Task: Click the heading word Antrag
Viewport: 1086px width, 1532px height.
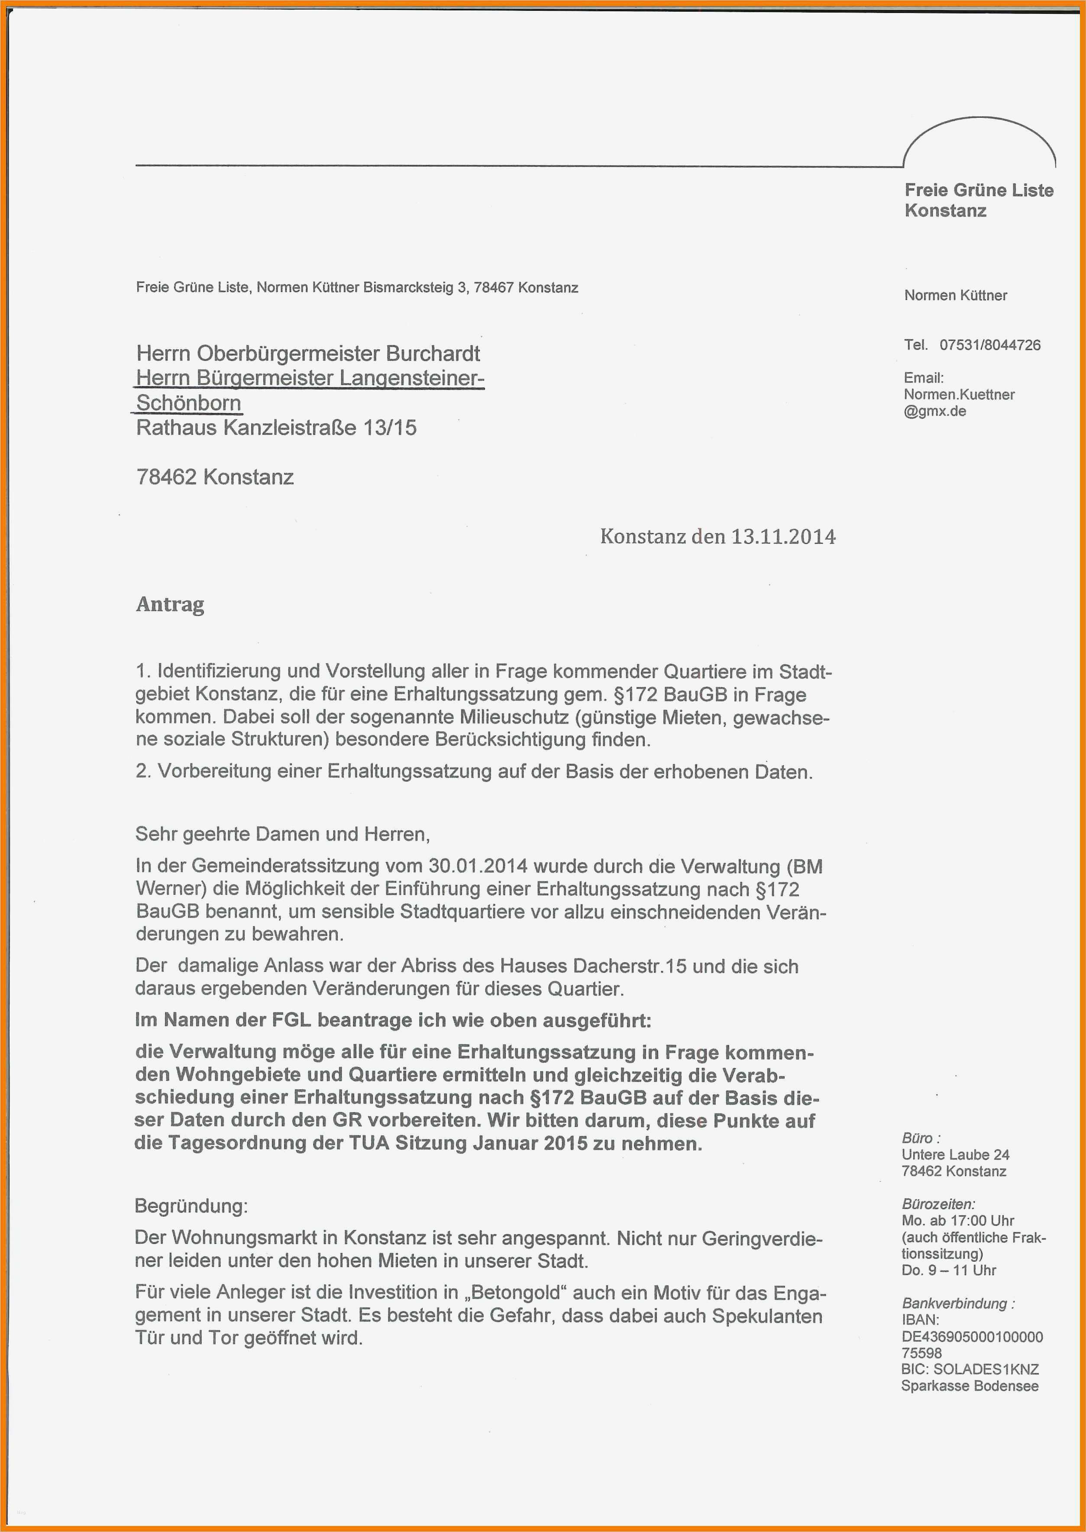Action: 170,604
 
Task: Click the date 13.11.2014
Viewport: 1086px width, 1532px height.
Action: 782,536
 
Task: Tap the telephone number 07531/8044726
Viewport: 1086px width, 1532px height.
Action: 990,345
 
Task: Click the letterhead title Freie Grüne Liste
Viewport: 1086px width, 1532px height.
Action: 978,191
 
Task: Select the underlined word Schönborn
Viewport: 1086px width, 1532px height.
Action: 189,403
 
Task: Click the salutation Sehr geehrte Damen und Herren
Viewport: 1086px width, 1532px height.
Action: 282,834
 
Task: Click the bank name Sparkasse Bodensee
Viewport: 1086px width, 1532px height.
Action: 969,1386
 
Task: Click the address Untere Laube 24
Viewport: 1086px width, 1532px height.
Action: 955,1155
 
